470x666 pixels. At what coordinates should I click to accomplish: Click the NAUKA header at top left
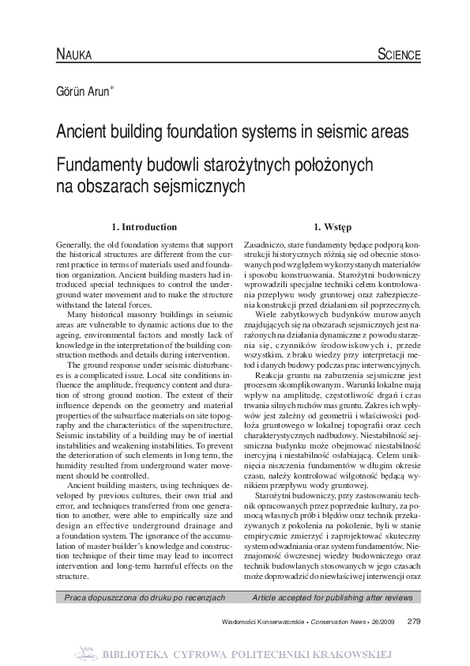(x=74, y=55)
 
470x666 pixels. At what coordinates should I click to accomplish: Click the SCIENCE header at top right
(x=399, y=55)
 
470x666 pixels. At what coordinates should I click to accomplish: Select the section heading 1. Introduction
(x=145, y=226)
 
